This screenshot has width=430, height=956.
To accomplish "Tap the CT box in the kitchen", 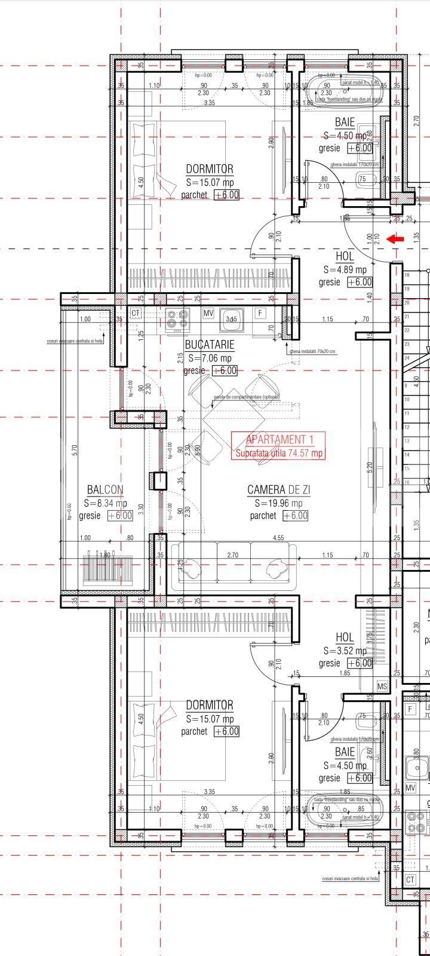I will pyautogui.click(x=136, y=312).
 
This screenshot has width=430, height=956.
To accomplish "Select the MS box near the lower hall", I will pyautogui.click(x=382, y=687).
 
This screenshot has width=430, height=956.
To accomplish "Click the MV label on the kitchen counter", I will pyautogui.click(x=208, y=312).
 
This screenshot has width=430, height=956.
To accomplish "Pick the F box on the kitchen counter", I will pyautogui.click(x=260, y=312).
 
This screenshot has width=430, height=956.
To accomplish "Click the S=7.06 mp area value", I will pyautogui.click(x=210, y=358).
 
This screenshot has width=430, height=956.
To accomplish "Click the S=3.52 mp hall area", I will pyautogui.click(x=345, y=651).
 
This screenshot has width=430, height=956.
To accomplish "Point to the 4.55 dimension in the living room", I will pyautogui.click(x=278, y=538).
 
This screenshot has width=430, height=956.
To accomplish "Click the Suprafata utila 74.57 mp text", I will pyautogui.click(x=279, y=454).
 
